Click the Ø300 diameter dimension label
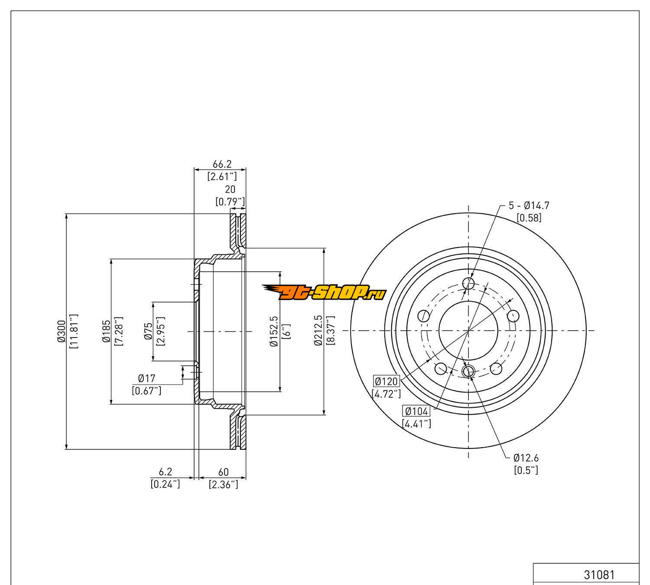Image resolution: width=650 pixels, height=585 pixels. point(61,331)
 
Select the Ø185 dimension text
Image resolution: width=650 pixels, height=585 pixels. point(106,331)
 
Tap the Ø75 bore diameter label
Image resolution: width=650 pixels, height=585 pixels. point(149,331)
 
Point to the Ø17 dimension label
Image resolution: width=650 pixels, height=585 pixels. point(146,379)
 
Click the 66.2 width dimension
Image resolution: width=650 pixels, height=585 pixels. point(222,164)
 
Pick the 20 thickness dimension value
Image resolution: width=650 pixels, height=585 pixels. point(230,189)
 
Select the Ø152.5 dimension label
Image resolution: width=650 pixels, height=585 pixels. point(274,331)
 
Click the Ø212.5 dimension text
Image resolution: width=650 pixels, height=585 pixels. point(318,331)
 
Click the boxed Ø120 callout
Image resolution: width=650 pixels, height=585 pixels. point(386,381)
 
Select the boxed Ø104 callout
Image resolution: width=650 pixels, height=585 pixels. point(416,411)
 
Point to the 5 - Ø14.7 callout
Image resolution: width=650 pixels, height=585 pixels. point(529,206)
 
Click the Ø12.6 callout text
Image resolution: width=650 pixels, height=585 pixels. point(526,458)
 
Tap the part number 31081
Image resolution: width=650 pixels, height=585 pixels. point(599,575)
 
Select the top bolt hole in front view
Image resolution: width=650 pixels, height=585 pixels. point(468,283)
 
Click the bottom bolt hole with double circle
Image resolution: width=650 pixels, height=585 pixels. point(468,371)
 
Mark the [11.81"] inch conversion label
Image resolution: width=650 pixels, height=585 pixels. point(73,331)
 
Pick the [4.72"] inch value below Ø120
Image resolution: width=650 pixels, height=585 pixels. point(386,394)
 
